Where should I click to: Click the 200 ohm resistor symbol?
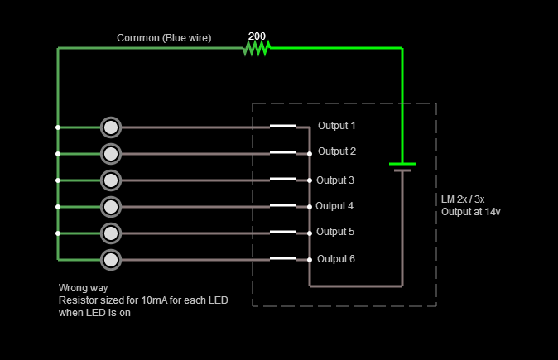tap(257, 49)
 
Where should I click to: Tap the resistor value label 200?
tap(257, 36)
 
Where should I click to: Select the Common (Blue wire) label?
tap(164, 38)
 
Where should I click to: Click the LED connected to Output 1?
tap(111, 127)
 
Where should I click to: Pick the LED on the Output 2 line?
tap(111, 154)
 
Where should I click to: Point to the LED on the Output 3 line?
tap(111, 180)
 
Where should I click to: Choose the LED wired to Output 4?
tap(111, 206)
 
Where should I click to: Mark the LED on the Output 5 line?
tap(111, 233)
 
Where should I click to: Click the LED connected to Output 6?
tap(111, 260)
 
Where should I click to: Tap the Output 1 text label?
tap(336, 126)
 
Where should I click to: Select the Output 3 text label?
tap(335, 180)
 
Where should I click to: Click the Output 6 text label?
tap(336, 259)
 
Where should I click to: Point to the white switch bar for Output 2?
tap(283, 152)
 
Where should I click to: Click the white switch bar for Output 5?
tap(283, 232)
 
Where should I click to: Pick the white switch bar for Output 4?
tap(283, 205)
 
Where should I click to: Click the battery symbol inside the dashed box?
tap(402, 167)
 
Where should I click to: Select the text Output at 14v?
tap(471, 212)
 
